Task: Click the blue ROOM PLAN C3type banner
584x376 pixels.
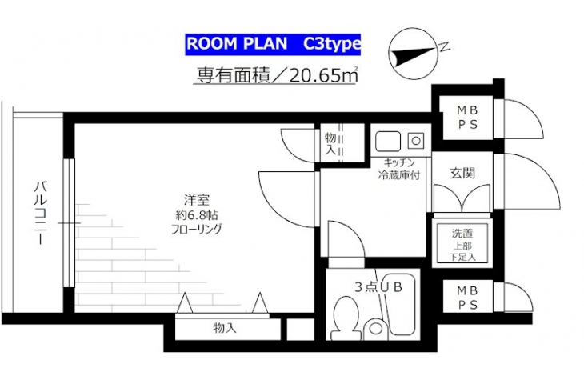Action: [273, 44]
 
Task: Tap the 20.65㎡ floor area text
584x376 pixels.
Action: [323, 76]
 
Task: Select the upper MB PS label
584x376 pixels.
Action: [467, 118]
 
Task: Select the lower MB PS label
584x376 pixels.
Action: [467, 298]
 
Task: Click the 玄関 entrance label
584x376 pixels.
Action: [462, 173]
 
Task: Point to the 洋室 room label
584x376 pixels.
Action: [196, 200]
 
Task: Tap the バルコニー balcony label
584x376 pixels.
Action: [41, 213]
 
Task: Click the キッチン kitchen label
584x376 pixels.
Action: [399, 162]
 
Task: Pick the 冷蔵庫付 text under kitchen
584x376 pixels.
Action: [399, 174]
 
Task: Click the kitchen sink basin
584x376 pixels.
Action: [388, 141]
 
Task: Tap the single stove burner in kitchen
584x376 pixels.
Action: [416, 141]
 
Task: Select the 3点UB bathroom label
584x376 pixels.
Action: [378, 287]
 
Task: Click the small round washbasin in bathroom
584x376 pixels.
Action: [375, 328]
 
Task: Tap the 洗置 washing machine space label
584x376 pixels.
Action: [462, 234]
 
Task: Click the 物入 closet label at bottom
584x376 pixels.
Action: [225, 328]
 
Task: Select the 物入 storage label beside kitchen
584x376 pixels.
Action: [330, 143]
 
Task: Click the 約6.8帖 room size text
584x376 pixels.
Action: [196, 215]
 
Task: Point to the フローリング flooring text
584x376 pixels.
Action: [196, 229]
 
